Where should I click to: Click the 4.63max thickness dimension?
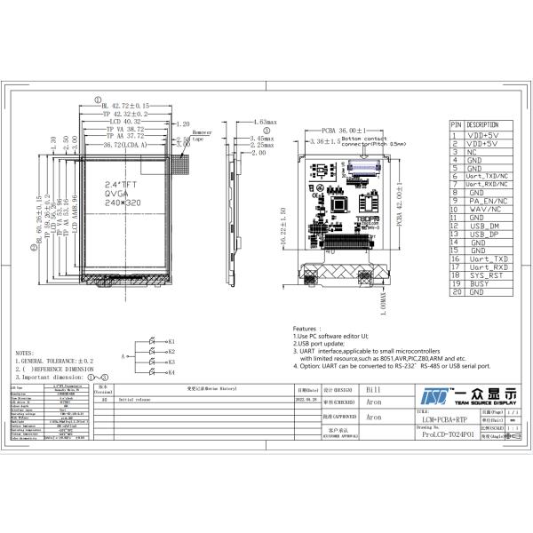[x=265, y=121]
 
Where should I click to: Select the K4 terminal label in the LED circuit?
[x=171, y=372]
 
